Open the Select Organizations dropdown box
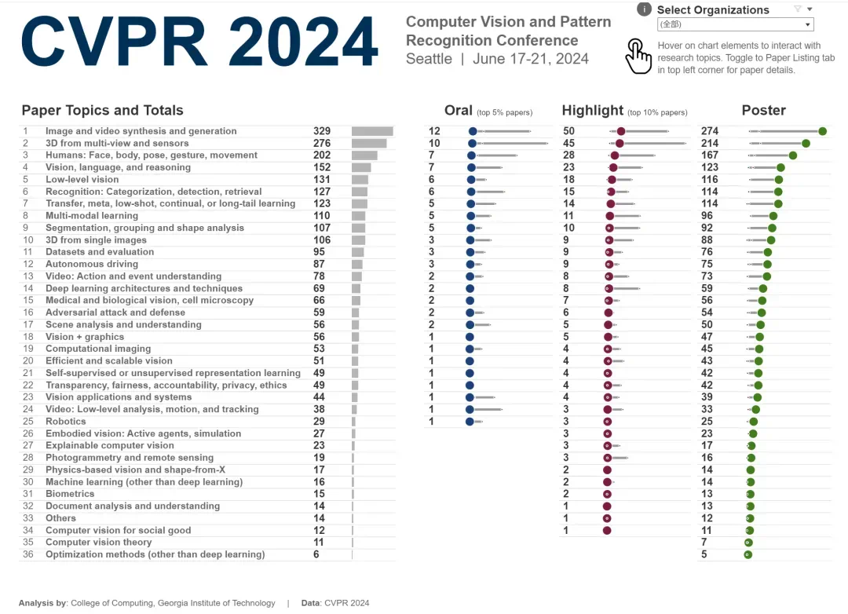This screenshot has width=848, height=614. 734,24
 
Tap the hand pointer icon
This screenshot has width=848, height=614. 638,57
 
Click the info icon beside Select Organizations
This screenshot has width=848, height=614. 644,9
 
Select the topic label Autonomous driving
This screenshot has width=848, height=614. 91,264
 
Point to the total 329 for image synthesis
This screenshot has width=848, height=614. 322,131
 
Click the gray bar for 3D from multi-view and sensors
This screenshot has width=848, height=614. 368,144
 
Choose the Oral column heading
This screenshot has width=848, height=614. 459,111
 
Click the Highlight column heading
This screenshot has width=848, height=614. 593,111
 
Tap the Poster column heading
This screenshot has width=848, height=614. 763,111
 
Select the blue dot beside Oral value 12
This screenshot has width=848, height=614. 473,131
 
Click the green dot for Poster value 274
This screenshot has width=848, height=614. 822,131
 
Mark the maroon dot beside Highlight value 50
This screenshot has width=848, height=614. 621,131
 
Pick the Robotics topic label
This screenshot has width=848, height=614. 66,422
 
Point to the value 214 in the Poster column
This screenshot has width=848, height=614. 710,144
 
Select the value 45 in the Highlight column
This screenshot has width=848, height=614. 569,144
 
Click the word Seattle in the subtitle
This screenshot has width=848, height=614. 429,59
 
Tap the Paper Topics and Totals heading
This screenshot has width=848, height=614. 102,111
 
